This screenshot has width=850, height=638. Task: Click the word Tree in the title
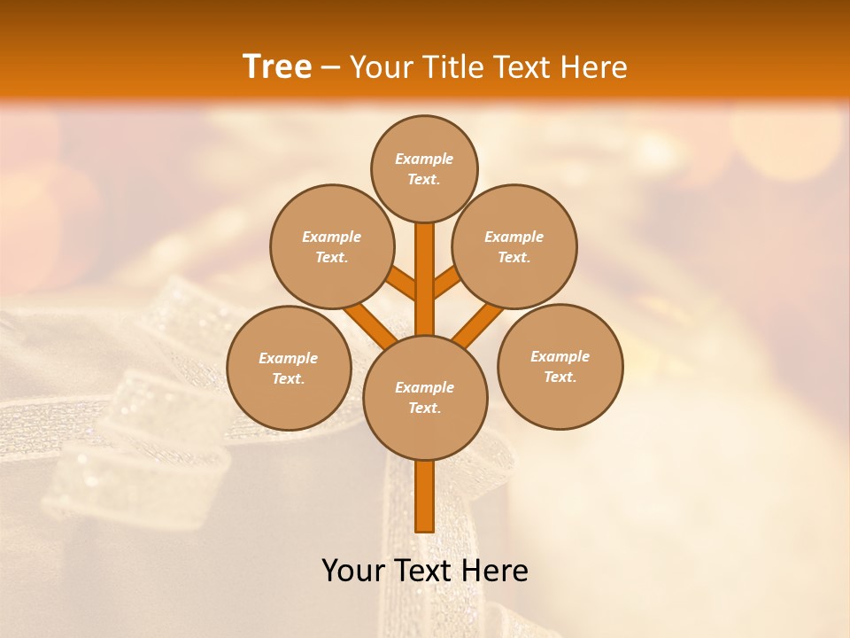[x=277, y=67]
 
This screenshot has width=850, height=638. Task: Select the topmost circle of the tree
[x=424, y=168]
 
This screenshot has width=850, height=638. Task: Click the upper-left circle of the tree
[x=332, y=246]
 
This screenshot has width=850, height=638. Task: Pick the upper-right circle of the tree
[x=514, y=246]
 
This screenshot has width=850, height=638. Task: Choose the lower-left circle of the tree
[x=289, y=368]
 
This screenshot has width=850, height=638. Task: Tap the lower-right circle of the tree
[x=560, y=366]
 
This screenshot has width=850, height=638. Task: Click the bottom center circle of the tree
[x=425, y=397]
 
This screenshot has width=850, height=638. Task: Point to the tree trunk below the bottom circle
[x=425, y=496]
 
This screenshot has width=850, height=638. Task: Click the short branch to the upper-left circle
[x=402, y=284]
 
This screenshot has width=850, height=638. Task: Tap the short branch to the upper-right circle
[x=447, y=284]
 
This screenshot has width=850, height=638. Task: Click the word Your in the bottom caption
[x=353, y=571]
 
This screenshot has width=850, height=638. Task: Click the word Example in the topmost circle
[x=424, y=159]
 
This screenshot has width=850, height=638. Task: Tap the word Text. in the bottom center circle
[x=424, y=408]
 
